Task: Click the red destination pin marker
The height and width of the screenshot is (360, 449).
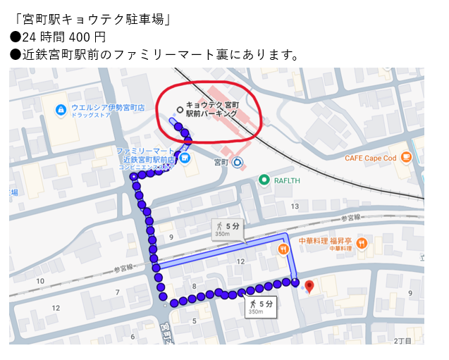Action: click(x=309, y=286)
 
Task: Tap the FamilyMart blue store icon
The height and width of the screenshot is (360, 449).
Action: click(x=185, y=158)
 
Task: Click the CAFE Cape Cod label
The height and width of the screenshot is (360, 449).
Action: click(x=370, y=158)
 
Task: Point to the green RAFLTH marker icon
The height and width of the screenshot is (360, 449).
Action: click(x=264, y=180)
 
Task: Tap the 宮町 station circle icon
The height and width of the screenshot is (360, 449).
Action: click(x=238, y=162)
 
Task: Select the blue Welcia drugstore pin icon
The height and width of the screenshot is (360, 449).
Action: click(x=61, y=110)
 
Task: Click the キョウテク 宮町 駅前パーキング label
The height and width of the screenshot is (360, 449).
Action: click(x=212, y=108)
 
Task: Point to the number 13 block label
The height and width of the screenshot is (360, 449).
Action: click(x=295, y=206)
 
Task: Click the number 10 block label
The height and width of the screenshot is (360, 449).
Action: click(x=39, y=281)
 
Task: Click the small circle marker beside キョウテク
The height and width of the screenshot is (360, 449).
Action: click(x=180, y=109)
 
